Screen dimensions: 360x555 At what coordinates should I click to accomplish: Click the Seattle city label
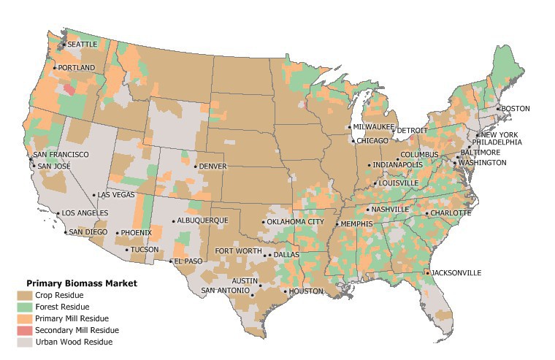tap(83, 45)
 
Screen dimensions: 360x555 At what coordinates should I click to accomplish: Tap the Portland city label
tap(77, 68)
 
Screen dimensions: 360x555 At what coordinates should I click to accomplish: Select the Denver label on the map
tap(213, 166)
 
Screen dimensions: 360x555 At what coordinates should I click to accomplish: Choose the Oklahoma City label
tap(296, 222)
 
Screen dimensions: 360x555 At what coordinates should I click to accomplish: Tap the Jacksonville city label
tap(456, 272)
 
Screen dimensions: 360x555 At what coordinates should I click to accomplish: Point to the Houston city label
tap(306, 291)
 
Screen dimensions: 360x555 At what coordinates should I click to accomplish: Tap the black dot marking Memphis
tap(337, 224)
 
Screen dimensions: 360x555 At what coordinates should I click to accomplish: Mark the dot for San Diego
tap(66, 233)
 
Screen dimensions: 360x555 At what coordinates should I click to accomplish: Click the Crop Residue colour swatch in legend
tap(24, 295)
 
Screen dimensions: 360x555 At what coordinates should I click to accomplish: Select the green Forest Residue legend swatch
tap(24, 307)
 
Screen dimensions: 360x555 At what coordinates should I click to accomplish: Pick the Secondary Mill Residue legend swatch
tap(24, 330)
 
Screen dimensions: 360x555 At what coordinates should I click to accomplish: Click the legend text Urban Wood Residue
tap(74, 342)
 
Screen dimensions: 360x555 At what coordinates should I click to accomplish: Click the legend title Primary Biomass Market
tap(82, 283)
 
